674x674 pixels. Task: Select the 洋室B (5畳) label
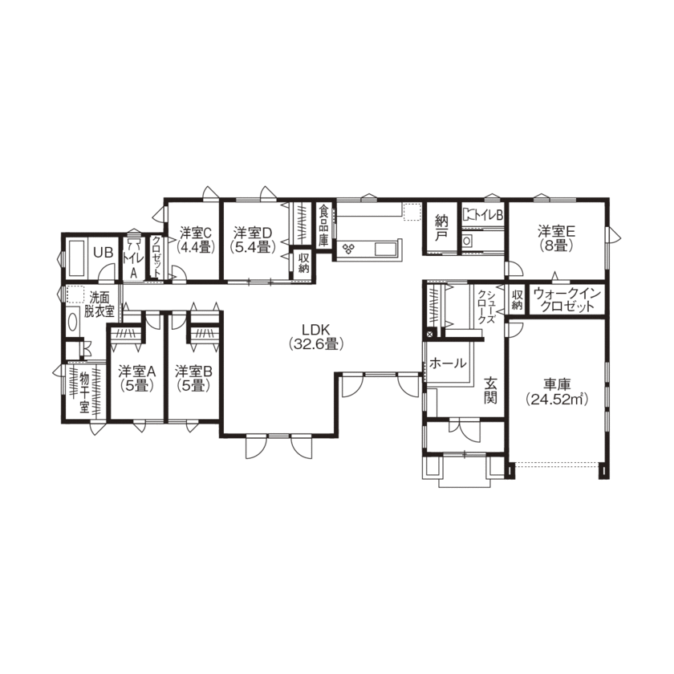pyautogui.click(x=193, y=378)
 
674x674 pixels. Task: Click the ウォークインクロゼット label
pyautogui.click(x=567, y=300)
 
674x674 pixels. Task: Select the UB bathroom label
pyautogui.click(x=103, y=252)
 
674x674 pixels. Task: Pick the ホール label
pyautogui.click(x=449, y=363)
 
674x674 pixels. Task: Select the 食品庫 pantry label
pyautogui.click(x=323, y=226)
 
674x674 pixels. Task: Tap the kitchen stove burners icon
pyautogui.click(x=350, y=247)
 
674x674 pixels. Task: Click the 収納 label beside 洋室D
pyautogui.click(x=304, y=263)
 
